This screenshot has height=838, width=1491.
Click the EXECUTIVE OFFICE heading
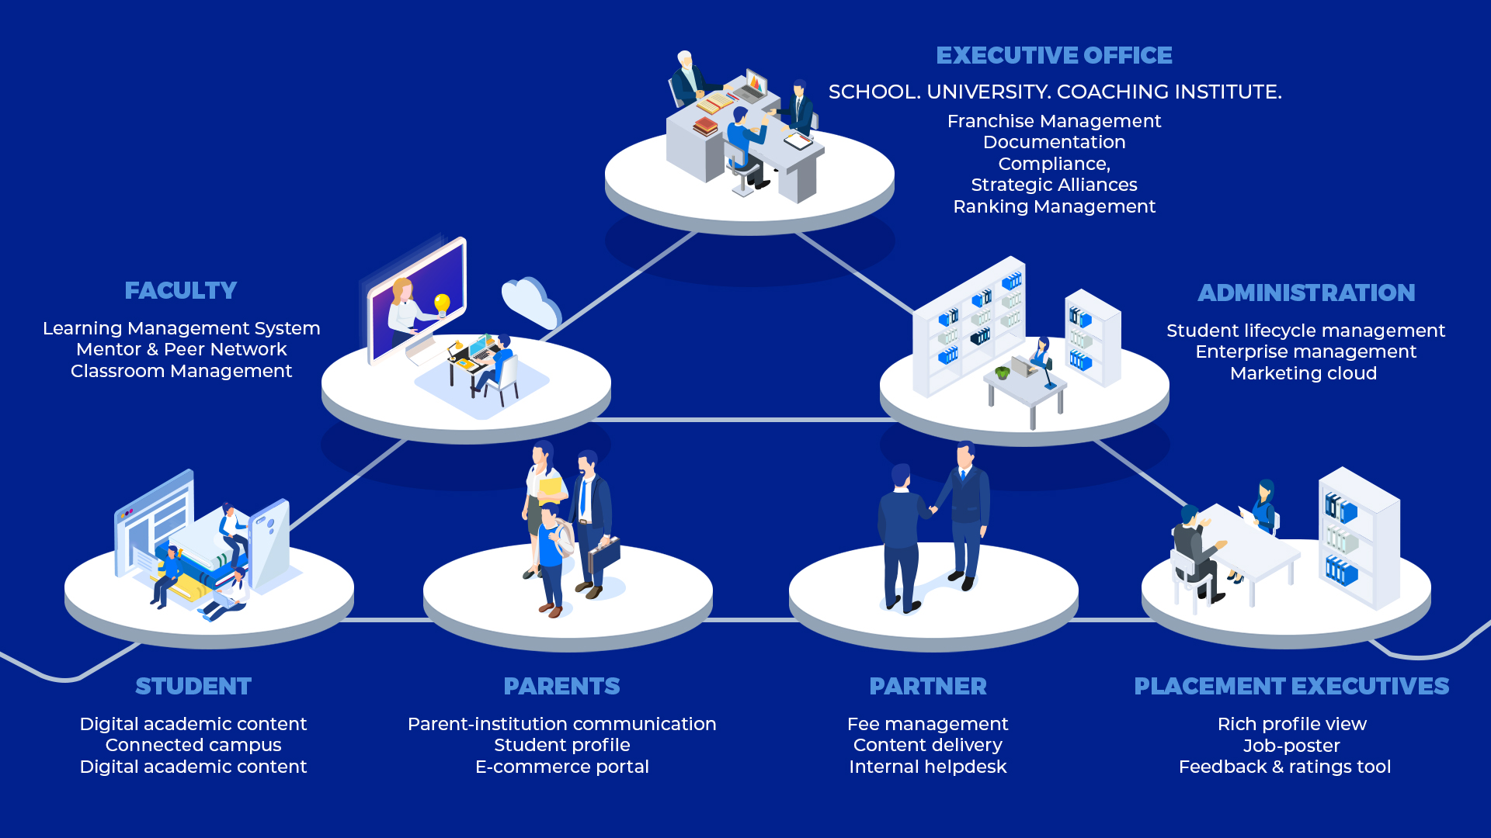pos(1054,56)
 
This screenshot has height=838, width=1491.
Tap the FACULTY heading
pos(181,291)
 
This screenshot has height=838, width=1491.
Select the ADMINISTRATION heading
pos(1306,293)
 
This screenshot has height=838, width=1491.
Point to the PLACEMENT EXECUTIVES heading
pos(1291,687)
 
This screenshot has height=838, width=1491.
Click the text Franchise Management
pos(1054,122)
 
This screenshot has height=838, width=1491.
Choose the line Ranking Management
pos(1054,207)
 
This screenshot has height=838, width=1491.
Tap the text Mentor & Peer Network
pos(181,350)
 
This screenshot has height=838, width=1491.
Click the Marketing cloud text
pos(1303,374)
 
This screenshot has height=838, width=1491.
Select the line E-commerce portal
pos(561,767)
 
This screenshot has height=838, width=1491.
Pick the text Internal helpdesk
pos(927,767)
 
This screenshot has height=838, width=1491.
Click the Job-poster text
pos(1291,746)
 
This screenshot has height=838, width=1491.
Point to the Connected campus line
pos(193,746)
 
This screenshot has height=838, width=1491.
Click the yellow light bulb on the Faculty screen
pos(442,303)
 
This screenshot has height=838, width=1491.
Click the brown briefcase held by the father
pos(604,552)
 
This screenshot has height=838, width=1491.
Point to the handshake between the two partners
pos(933,510)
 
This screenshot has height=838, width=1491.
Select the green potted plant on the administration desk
pos(1003,372)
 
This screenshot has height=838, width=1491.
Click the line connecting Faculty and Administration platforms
pos(745,420)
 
